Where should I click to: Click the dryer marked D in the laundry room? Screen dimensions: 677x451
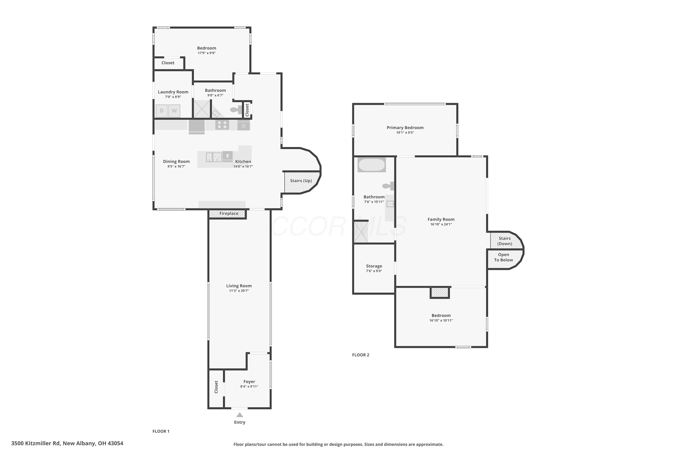pos(162,111)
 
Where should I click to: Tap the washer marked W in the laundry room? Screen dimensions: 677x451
pos(174,111)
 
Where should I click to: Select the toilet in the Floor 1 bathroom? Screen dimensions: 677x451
pos(236,110)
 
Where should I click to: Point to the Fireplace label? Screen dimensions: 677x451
pos(229,213)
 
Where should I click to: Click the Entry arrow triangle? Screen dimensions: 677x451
pos(240,415)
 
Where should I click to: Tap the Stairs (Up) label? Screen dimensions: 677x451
pos(301,181)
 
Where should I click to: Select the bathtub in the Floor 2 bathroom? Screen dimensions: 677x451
pos(372,165)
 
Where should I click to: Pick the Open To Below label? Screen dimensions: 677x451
pos(503,257)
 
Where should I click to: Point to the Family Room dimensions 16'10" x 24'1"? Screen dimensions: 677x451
pos(441,224)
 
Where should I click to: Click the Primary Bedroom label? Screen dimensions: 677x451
pos(405,127)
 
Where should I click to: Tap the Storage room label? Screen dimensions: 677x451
pos(374,266)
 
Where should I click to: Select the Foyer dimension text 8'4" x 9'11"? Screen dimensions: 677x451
pos(249,386)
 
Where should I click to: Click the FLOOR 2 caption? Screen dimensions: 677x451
pos(361,355)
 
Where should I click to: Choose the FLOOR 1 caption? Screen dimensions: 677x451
pos(161,431)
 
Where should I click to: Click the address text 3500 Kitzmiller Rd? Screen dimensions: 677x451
pos(36,443)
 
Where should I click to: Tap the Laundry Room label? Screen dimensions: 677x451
pos(173,92)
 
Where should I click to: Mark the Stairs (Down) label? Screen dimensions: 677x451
pos(505,241)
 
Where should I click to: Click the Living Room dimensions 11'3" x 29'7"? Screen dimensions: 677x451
pos(239,290)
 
